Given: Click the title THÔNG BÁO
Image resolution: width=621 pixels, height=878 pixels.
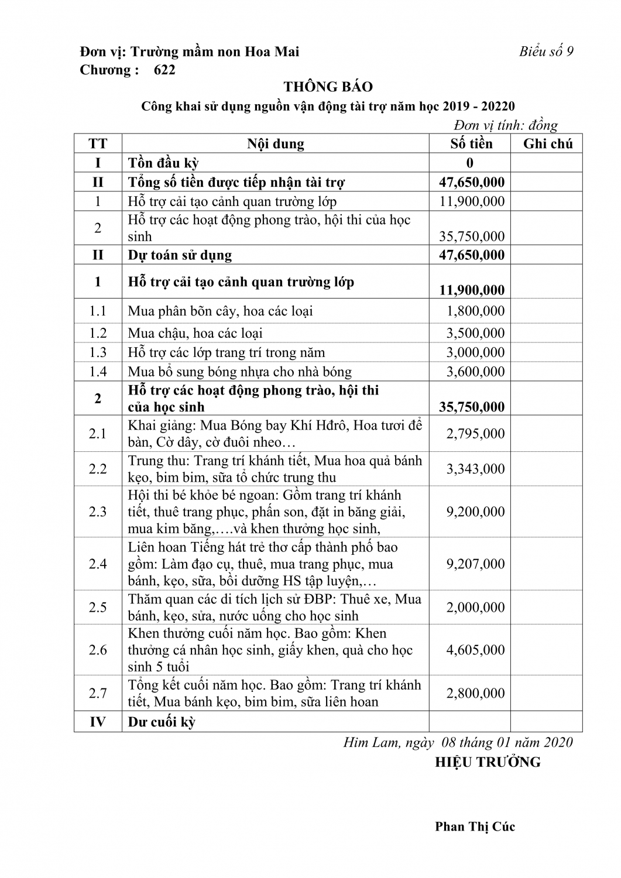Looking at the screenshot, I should (328, 87).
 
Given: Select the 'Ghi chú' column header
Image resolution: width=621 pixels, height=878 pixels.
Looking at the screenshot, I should (547, 144).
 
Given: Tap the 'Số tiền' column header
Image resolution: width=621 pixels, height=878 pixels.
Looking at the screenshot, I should (471, 144).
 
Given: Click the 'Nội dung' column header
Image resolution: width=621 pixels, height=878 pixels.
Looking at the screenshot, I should (275, 144).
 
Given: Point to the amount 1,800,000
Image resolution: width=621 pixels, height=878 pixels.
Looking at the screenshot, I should (475, 311).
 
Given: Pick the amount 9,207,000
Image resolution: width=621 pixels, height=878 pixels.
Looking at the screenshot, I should (475, 564).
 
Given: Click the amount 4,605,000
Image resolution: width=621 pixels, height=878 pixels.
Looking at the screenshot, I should (475, 650).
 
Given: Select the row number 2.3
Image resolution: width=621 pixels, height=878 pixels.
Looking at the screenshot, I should (98, 512).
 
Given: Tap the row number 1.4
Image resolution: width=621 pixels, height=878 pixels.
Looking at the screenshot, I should (98, 372).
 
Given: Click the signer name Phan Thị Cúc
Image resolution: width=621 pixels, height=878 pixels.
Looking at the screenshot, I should (475, 826).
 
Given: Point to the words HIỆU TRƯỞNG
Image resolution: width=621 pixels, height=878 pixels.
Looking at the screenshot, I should (488, 762).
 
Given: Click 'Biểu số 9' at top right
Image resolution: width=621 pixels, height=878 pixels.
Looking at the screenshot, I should (546, 52).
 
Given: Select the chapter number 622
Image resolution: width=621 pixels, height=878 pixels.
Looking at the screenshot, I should (164, 70).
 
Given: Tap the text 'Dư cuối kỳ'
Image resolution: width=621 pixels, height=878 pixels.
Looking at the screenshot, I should (162, 722).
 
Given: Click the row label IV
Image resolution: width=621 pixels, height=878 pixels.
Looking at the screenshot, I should (98, 722).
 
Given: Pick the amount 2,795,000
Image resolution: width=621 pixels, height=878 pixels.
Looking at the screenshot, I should (475, 434).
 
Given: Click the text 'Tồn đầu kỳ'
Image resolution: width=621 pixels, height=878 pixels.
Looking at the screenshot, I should (163, 163).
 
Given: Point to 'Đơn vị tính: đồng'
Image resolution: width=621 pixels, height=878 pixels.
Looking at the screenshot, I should (506, 125).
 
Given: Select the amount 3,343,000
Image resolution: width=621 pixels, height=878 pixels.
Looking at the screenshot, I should (475, 469).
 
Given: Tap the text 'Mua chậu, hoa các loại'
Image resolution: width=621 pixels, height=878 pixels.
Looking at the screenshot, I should (195, 333).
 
